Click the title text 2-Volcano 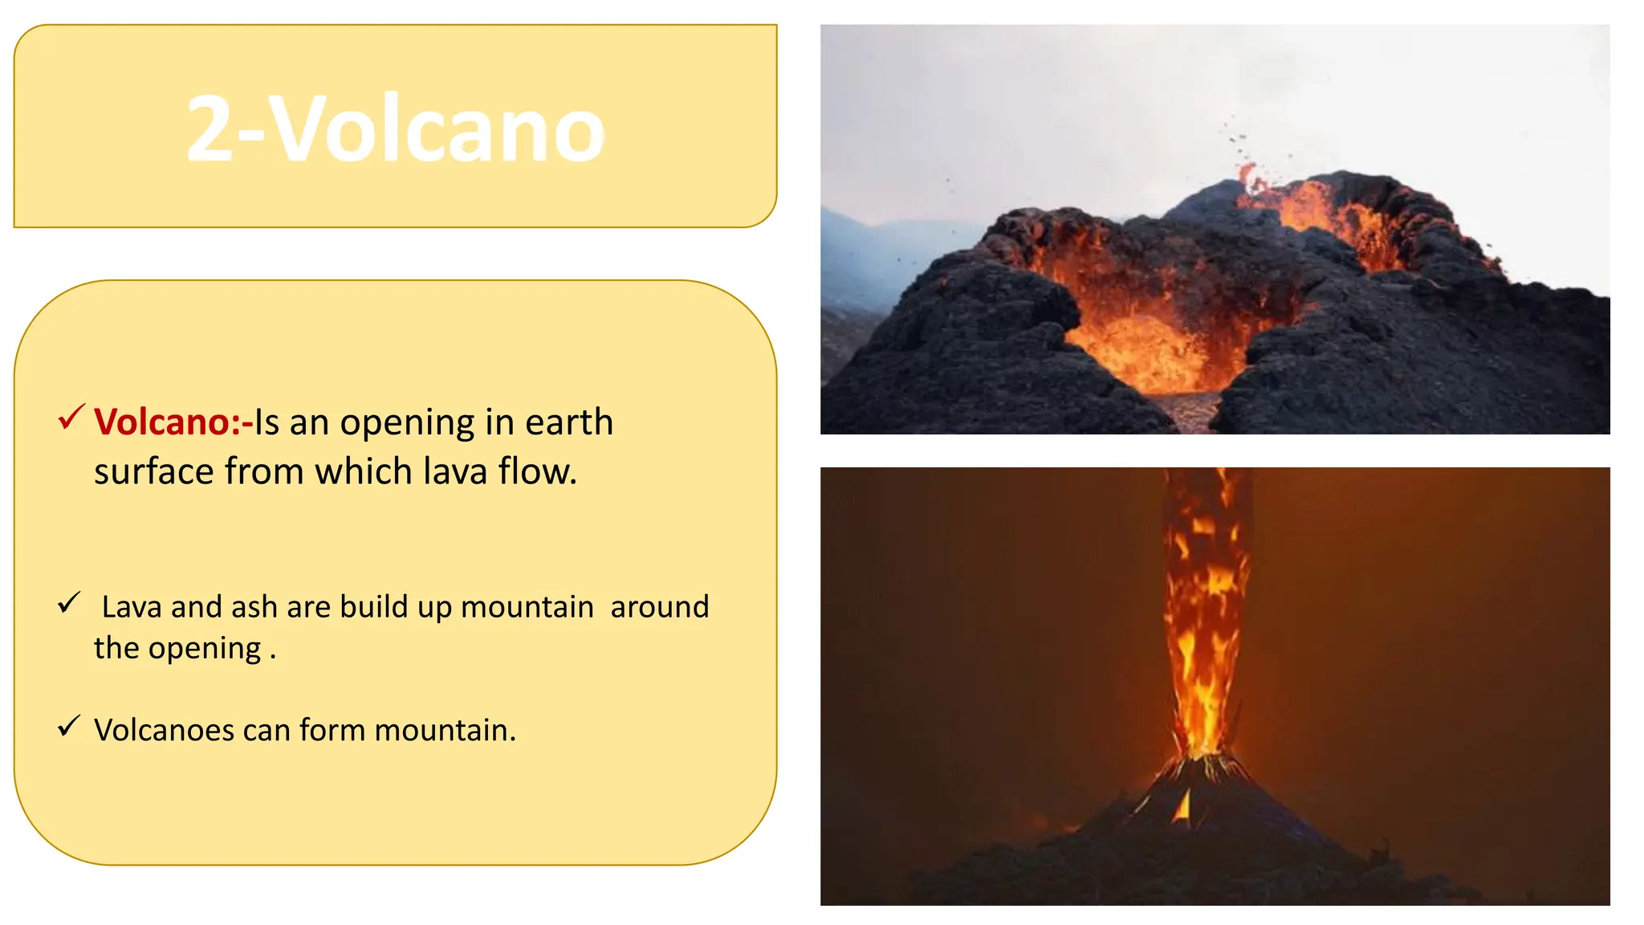coord(395,128)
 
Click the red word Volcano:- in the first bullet coord(173,422)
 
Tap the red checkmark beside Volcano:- coord(71,417)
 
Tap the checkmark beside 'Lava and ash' coord(69,602)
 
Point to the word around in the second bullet coord(659,607)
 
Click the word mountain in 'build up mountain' coord(527,607)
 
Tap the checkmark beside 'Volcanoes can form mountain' coord(69,726)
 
